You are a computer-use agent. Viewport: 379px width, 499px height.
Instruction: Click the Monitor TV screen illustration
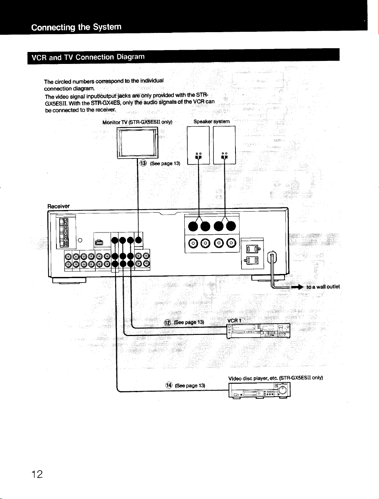137,142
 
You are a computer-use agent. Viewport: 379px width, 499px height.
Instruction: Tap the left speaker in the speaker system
198,145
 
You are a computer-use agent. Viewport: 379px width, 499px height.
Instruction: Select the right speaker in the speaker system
224,145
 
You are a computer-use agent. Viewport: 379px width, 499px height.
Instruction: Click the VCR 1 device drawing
258,331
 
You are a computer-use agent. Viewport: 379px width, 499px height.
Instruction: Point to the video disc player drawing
259,390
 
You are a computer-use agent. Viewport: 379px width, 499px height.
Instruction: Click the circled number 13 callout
143,163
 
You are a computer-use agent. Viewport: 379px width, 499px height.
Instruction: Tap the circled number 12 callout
167,323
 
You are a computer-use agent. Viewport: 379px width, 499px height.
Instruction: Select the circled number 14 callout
169,385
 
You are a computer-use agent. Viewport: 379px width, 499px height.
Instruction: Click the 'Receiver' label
58,206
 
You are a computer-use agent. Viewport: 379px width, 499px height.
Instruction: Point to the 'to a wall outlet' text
323,287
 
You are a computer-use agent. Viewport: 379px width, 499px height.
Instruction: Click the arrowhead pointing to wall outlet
301,287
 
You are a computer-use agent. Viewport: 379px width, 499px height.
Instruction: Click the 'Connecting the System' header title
76,27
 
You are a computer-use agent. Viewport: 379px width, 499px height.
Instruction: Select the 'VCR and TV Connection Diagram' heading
88,57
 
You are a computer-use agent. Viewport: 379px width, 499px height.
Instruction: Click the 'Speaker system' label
212,121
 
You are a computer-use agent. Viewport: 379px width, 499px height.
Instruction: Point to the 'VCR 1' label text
234,321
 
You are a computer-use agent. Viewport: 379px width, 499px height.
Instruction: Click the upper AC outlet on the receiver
252,249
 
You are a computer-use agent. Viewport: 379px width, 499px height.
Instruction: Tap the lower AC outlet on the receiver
252,260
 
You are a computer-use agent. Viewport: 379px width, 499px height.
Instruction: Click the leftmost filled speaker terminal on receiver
193,226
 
